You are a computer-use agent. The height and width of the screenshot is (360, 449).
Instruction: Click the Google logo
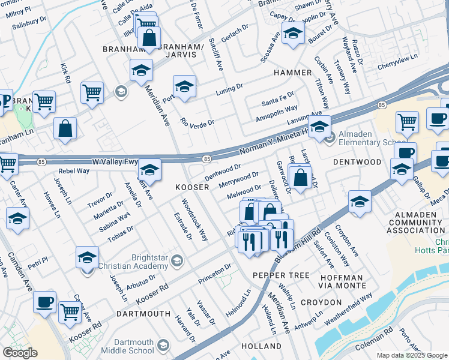coord(20,353)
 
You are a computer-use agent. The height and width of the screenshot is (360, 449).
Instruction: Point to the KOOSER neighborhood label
coord(192,188)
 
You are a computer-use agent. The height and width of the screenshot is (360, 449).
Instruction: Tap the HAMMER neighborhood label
coord(292,73)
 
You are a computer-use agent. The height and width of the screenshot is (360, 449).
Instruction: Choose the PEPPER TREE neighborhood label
coord(273,275)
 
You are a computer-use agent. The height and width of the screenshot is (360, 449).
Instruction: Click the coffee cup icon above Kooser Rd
coord(44,301)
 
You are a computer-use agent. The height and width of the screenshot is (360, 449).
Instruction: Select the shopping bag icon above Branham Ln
coord(65,128)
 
